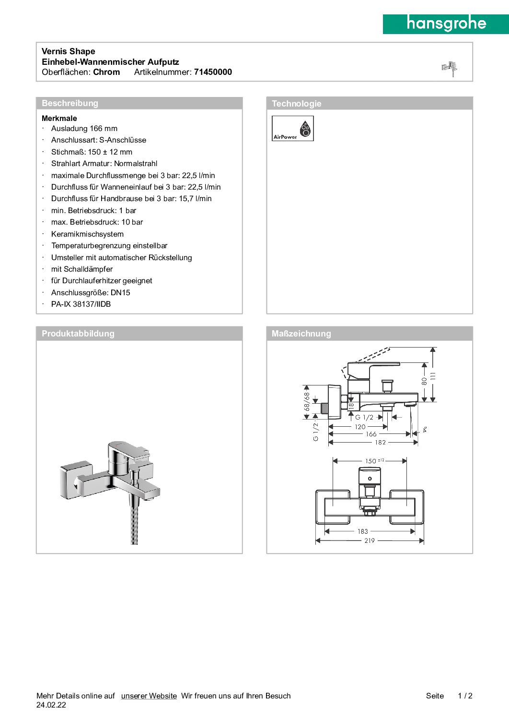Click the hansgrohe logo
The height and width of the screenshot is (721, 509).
[446, 24]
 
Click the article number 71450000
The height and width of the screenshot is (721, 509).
[213, 72]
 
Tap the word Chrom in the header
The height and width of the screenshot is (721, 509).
[106, 72]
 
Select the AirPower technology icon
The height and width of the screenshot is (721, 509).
[292, 128]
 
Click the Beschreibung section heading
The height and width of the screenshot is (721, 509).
[70, 103]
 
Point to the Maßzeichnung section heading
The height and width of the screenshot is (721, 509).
[301, 334]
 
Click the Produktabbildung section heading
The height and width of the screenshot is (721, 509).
[78, 334]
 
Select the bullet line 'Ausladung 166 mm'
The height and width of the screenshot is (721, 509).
[84, 128]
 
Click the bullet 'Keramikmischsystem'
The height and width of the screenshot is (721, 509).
[87, 234]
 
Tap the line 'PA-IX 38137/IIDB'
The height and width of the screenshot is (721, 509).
[81, 304]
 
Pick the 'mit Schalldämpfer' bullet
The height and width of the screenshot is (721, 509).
[82, 269]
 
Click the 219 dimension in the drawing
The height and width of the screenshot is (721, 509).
[370, 541]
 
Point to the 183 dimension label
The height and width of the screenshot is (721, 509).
[363, 531]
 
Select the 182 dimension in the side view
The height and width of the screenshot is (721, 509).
[381, 443]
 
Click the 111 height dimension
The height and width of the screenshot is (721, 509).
[433, 376]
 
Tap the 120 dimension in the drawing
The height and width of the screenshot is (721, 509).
[360, 427]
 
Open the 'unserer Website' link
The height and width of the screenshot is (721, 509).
[149, 696]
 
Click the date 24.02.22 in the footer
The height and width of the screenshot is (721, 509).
[51, 705]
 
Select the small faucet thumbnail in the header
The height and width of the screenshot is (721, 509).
[450, 68]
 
